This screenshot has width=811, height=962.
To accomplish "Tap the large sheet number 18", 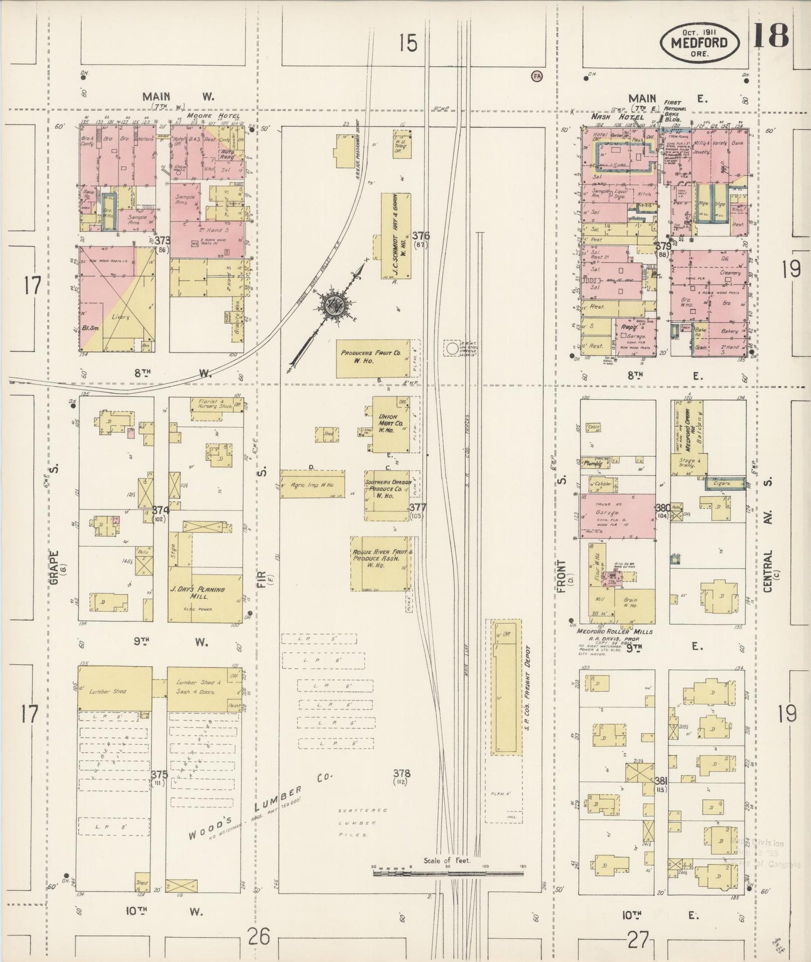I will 771,35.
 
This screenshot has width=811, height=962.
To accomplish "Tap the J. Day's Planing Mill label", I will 205,594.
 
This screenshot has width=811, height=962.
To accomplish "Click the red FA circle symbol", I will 537,76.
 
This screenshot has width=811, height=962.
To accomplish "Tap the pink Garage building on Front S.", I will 616,515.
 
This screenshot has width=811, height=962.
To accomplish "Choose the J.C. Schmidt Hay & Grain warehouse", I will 396,236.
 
